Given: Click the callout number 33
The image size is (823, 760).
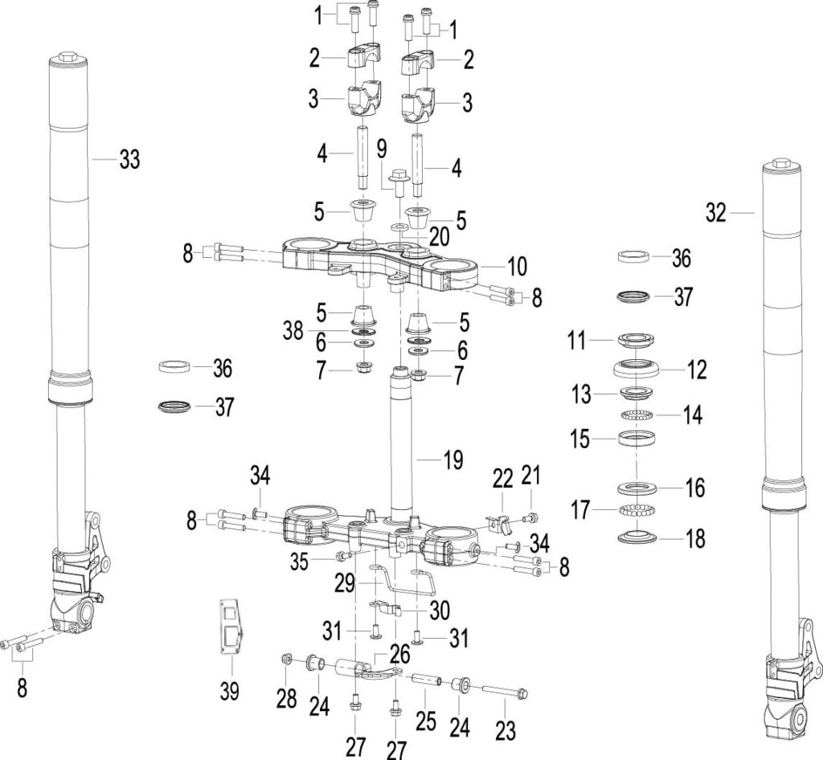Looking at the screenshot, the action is [x=129, y=159].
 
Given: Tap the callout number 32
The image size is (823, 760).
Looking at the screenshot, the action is [x=716, y=214].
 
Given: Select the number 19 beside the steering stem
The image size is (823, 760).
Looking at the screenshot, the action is [x=453, y=460].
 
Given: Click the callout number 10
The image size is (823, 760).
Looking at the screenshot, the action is [x=517, y=267].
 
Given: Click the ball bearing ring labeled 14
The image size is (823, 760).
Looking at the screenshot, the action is [x=637, y=415].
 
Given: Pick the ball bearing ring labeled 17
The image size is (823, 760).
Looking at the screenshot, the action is [x=637, y=509].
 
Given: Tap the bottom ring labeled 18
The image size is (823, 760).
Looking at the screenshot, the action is [x=637, y=537].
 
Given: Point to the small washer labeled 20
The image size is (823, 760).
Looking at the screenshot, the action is [x=399, y=227].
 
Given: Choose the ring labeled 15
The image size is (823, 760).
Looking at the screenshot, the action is [x=637, y=438].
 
